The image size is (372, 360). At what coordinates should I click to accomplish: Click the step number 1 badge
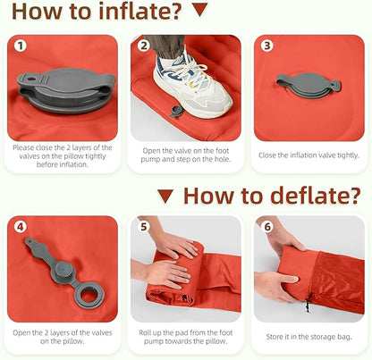pos(21,46)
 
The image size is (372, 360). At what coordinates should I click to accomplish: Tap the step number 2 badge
pos(144,46)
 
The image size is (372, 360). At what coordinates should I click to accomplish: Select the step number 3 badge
pos(267,46)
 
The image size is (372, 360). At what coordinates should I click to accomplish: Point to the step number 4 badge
pos(21,227)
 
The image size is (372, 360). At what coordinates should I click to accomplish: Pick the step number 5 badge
pos(144,227)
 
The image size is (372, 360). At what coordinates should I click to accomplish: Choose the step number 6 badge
pos(267,227)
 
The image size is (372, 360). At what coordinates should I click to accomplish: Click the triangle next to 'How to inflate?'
pos(200,10)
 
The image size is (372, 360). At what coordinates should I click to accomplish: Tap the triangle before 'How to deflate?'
pos(165,196)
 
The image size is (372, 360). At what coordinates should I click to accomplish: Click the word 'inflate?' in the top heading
pos(139,11)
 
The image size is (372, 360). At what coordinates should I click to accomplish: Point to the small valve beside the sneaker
pos(174,112)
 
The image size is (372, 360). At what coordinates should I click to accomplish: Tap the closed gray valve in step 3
pos(309,86)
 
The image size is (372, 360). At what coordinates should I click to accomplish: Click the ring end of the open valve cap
pos(89,295)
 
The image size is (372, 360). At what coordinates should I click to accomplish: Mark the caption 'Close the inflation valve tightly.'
pos(309,155)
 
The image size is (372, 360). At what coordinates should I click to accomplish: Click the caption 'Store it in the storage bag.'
pos(309,337)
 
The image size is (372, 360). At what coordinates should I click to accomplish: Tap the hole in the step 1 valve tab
pos(31,80)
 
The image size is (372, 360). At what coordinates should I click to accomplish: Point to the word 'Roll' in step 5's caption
pos(145,332)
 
